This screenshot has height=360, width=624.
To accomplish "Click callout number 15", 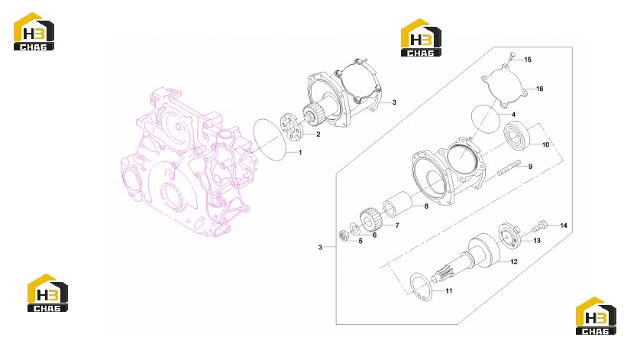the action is (x=528, y=60).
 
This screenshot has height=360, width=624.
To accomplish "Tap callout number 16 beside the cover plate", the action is (x=540, y=89).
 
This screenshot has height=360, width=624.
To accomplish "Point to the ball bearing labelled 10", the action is (x=517, y=135).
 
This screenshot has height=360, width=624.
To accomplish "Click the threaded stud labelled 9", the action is (x=509, y=167).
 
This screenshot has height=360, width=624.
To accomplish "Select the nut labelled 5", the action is (x=344, y=235).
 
